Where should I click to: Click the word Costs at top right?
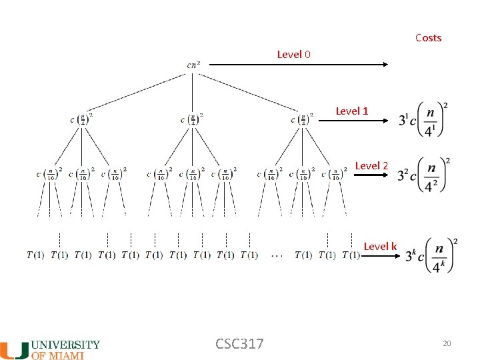[428, 38]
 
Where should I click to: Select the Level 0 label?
[293, 54]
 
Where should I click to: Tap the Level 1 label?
[351, 111]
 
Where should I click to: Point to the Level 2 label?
[371, 165]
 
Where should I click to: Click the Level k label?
[380, 247]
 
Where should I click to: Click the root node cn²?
[193, 65]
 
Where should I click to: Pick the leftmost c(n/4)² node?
[81, 120]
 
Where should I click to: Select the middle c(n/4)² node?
[192, 120]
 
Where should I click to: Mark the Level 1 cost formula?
[423, 120]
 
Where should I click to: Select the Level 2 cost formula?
[422, 175]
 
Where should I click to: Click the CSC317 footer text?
[239, 344]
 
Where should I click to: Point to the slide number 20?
[447, 343]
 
